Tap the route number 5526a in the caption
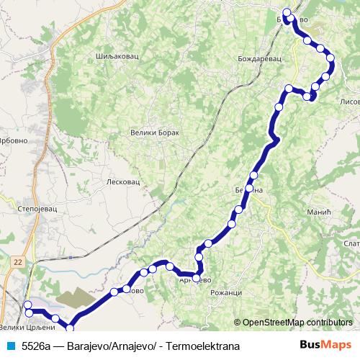coord(35,346)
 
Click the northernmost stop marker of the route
coord(287,12)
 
